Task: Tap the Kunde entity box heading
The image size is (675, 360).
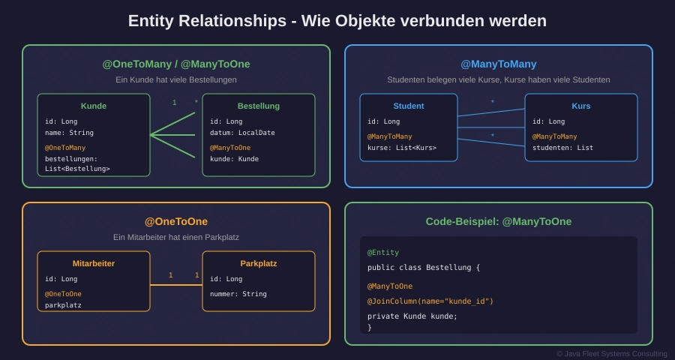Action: point(94,106)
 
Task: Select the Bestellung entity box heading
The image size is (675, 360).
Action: point(259,106)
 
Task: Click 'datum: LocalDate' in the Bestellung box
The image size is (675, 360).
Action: point(242,133)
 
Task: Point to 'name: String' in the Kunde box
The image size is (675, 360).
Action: point(69,133)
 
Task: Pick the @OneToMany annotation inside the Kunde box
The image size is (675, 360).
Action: point(65,148)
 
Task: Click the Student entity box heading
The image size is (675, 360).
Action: point(409,106)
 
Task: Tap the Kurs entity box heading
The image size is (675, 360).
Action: point(581,106)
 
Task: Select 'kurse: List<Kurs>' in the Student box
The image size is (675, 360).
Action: point(402,148)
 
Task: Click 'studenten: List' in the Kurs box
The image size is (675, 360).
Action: point(562,148)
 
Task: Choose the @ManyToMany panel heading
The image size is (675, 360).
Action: point(499,64)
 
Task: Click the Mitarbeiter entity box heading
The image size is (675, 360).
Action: point(94,263)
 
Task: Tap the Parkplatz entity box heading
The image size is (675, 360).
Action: point(259,263)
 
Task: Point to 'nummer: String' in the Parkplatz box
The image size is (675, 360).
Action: point(238,294)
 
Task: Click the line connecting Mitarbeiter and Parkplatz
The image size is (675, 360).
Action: point(176,285)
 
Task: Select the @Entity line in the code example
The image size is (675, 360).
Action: point(383,253)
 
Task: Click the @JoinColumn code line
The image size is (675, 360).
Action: point(430,301)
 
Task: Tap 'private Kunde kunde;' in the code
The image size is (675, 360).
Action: point(412,316)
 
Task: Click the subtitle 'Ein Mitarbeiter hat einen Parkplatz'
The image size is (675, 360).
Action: point(176,237)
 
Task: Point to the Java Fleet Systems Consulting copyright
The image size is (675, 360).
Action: point(611,353)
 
